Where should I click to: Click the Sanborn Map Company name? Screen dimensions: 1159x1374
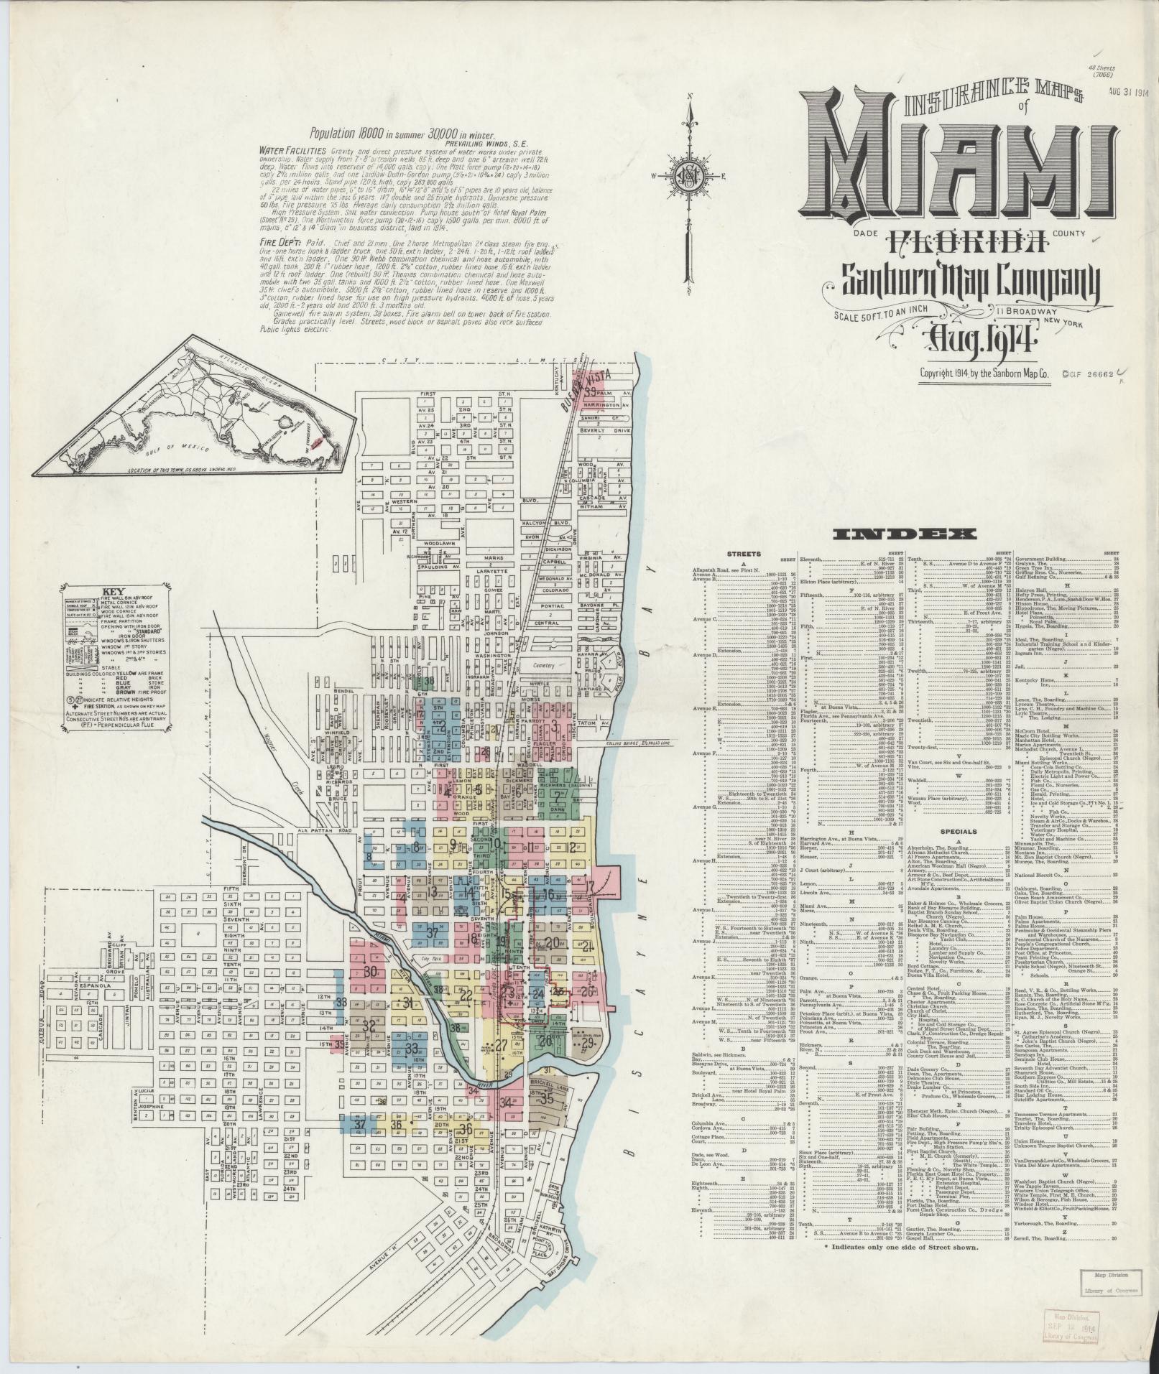[971, 281]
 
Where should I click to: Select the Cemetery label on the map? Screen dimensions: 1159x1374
[544, 666]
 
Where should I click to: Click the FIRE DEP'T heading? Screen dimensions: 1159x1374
[280, 243]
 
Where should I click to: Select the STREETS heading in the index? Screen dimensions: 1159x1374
[743, 554]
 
